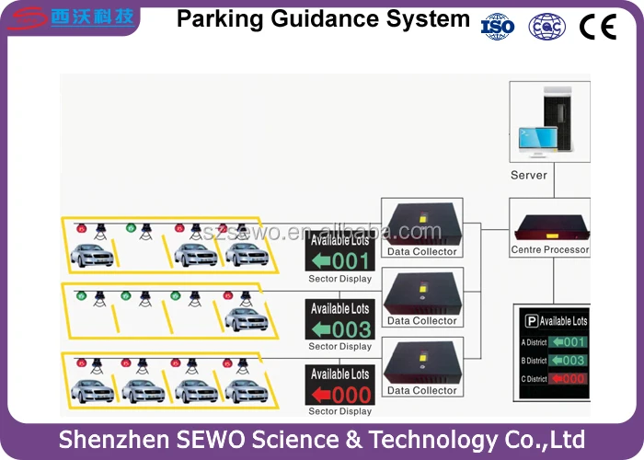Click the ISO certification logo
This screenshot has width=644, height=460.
coord(498,27)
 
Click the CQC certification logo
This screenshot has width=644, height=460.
coord(546,27)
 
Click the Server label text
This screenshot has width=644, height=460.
coord(528,175)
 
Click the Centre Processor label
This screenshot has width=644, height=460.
coord(550,250)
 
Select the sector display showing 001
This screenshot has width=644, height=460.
coord(339,252)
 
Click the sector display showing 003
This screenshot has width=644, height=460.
coord(339,320)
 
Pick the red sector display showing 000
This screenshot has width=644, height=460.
coord(339,385)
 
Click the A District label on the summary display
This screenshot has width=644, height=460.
coord(534,342)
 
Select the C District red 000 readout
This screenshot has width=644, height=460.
coord(568,378)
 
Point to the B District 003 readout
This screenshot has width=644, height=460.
coord(568,360)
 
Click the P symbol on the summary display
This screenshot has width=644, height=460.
coord(531,321)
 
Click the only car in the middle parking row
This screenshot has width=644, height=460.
coord(246,319)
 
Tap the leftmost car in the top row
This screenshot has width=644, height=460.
coord(93,255)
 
